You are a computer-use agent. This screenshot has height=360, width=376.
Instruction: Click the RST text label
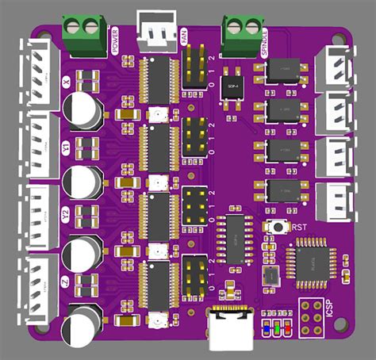pyautogui.click(x=299, y=228)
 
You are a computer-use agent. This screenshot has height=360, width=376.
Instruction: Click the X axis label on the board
pyautogui.click(x=65, y=82)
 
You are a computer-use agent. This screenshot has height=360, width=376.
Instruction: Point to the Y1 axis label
pyautogui.click(x=65, y=147)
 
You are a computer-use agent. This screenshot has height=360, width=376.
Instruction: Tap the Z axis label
pyautogui.click(x=65, y=280)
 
